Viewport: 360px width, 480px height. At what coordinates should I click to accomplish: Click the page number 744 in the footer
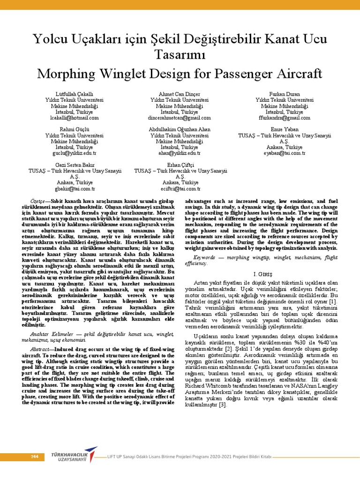pos(34,457)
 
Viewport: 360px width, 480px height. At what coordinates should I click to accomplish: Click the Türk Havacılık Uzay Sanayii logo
pos(72,457)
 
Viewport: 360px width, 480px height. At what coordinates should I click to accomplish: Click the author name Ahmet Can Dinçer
pos(179,94)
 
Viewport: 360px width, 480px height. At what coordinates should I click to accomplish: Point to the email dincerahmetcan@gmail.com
pos(179,118)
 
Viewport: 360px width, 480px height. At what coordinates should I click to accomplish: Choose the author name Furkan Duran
pos(285,94)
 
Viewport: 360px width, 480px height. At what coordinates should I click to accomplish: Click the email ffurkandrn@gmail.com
pos(285,118)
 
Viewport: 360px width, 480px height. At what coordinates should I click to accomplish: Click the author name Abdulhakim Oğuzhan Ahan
pos(180,129)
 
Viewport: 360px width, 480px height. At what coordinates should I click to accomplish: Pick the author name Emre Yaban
pos(285,129)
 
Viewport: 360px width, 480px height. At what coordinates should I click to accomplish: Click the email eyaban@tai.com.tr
pos(285,153)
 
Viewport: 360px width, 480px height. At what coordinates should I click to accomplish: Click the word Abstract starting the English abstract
pos(39,350)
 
